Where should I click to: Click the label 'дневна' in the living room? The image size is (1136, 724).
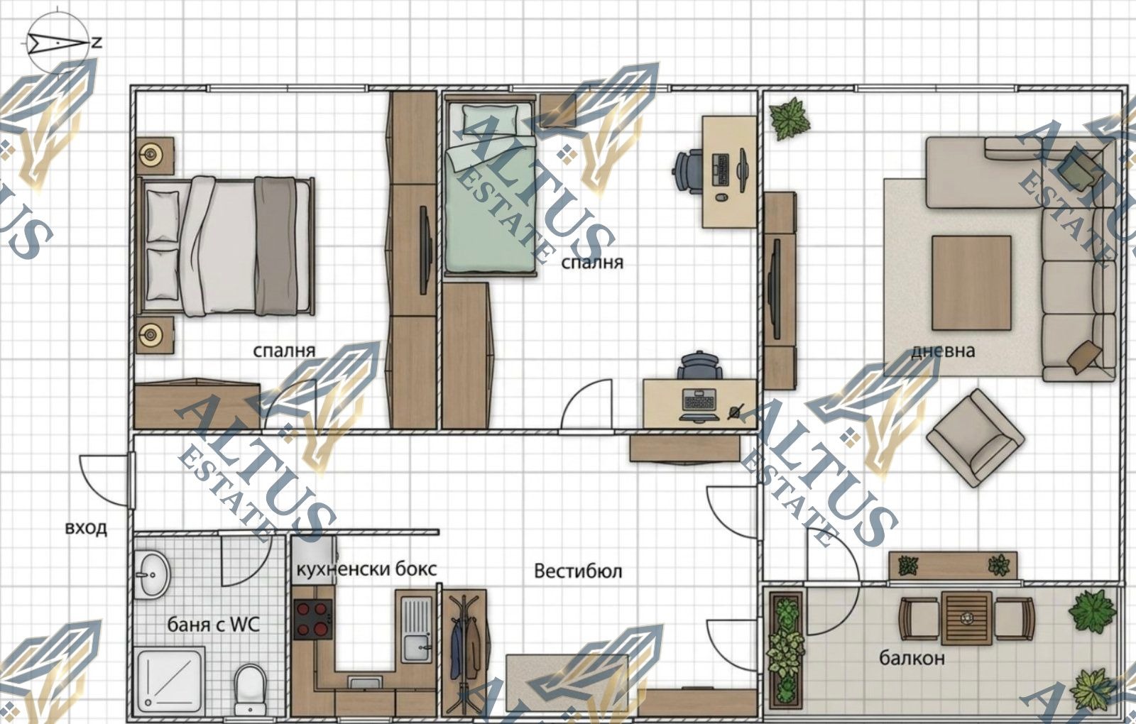(x=944, y=351)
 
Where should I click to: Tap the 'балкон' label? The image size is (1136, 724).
(x=912, y=658)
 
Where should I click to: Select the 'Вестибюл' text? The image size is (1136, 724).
(x=578, y=571)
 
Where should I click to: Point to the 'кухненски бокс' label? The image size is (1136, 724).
(x=366, y=569)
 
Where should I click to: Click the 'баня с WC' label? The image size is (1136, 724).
(x=214, y=625)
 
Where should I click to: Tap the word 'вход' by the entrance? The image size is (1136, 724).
(x=86, y=528)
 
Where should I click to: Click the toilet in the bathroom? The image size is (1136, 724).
(x=250, y=689)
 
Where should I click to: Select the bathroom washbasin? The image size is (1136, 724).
(x=152, y=574)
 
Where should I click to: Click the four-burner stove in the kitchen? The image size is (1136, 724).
(x=313, y=619)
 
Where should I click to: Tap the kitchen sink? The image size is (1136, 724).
(x=417, y=629)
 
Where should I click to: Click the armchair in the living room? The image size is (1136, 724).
(x=976, y=439)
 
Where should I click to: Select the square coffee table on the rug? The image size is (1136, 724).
(x=971, y=283)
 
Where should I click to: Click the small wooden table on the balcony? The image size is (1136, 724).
(x=966, y=618)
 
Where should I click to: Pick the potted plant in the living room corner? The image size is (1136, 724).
(x=789, y=119)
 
